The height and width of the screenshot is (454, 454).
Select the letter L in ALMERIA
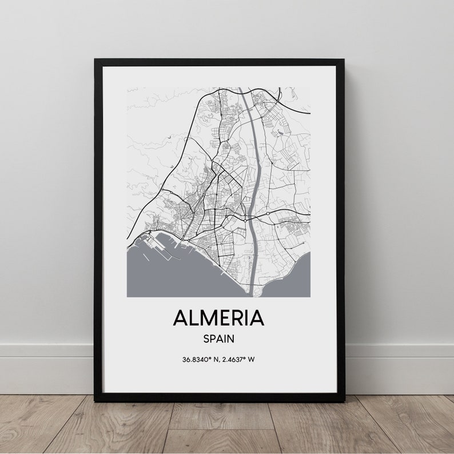194,318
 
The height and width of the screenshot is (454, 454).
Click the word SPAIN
218,338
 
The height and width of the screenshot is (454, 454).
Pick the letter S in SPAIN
206,338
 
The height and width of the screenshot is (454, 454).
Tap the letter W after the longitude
252,360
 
